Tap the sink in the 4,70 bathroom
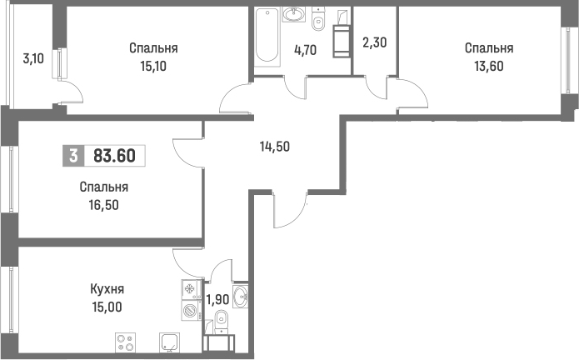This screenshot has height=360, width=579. point(293,14)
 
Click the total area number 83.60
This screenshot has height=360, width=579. point(115,156)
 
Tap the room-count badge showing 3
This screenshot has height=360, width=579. point(75,156)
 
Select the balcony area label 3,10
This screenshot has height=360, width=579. point(33,58)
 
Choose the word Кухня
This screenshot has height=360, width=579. point(107,289)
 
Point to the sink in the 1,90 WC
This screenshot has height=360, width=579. point(240,295)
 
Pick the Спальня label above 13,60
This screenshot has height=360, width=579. point(488,48)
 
